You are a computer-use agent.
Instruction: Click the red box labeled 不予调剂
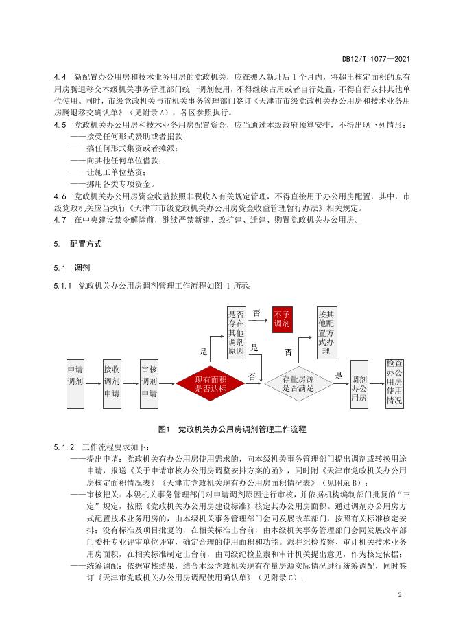282,319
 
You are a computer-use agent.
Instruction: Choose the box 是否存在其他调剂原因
236,332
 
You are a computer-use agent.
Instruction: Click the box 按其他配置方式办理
326,332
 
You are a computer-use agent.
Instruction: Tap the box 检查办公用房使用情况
394,383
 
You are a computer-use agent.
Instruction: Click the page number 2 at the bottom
398,594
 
